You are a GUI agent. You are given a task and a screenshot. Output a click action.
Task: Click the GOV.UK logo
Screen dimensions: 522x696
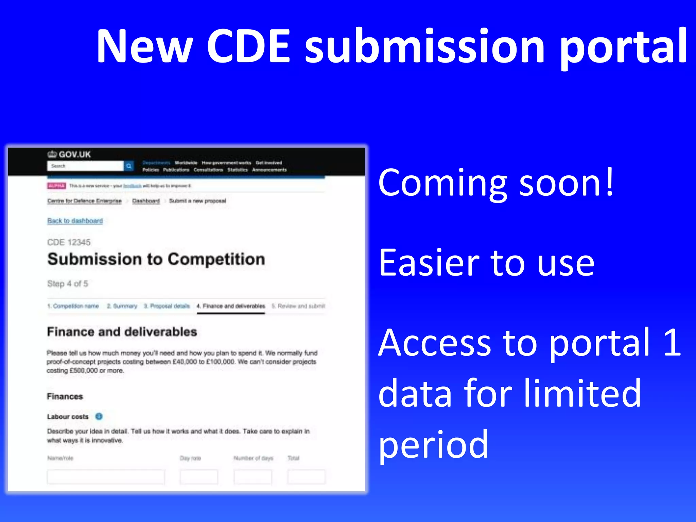tap(69, 155)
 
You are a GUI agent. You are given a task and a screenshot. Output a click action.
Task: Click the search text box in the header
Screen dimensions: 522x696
tap(85, 166)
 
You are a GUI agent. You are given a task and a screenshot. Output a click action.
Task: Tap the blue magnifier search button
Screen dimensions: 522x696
tap(129, 166)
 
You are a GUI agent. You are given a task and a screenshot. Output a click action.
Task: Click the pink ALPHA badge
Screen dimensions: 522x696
tap(56, 186)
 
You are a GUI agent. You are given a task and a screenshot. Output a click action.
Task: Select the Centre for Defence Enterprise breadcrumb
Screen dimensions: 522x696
tap(84, 201)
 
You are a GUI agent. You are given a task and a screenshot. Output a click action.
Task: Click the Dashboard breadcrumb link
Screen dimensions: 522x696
tap(146, 201)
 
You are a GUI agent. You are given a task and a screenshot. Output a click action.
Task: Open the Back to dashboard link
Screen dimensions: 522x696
tap(75, 221)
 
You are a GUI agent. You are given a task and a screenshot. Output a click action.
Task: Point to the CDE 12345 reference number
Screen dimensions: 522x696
tap(69, 242)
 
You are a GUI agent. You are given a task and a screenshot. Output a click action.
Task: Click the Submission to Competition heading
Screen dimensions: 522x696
tap(156, 259)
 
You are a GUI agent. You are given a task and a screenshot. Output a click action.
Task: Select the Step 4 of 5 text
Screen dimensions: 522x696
tap(67, 284)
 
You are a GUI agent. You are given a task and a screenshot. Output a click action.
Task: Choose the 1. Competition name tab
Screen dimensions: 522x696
tap(73, 306)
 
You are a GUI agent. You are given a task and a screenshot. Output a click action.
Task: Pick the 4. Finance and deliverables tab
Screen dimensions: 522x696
tap(231, 306)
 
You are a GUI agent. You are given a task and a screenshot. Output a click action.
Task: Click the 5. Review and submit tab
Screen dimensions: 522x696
tap(298, 306)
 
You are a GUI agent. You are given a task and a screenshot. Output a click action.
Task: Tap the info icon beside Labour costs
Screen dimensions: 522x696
tap(99, 416)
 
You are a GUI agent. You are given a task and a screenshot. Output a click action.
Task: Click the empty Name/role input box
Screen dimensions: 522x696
tap(106, 477)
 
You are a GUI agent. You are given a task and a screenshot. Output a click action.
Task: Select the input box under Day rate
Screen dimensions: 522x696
tap(199, 477)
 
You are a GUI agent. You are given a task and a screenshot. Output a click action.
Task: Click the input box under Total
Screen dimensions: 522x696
tap(306, 477)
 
